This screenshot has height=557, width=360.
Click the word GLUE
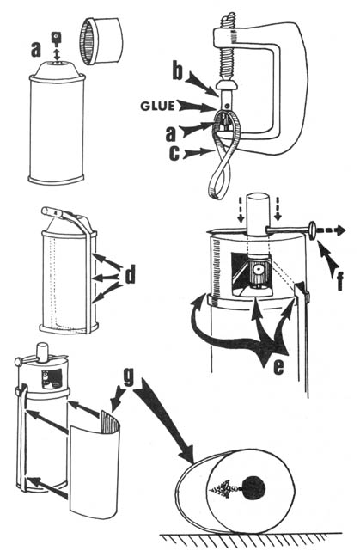(x=157, y=106)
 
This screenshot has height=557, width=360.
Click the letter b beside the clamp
(x=178, y=71)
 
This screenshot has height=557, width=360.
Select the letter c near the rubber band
(x=174, y=153)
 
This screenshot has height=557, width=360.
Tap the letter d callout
(x=131, y=274)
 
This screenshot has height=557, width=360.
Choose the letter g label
(x=128, y=378)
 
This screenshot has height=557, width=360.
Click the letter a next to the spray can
(x=36, y=50)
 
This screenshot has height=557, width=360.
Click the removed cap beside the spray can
(x=101, y=41)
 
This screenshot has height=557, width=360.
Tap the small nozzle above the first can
(x=55, y=38)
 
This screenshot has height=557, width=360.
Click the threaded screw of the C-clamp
(x=226, y=53)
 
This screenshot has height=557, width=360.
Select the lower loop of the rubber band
(x=219, y=181)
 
